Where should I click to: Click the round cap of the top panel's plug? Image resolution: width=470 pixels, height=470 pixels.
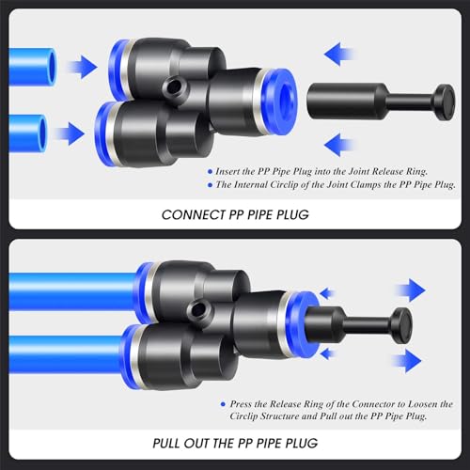(444, 102)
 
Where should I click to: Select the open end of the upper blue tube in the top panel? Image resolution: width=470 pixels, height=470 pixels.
(51, 67)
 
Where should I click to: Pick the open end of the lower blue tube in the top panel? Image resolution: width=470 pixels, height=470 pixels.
(41, 133)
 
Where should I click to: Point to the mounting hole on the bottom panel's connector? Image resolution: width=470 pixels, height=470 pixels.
(197, 310)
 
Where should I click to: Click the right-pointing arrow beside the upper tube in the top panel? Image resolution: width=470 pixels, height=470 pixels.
(82, 67)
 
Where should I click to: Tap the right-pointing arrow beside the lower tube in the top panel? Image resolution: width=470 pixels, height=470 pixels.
(70, 133)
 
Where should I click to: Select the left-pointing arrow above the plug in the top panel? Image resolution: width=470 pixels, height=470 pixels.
(339, 55)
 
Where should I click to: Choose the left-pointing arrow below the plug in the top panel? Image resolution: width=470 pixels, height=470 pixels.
(339, 145)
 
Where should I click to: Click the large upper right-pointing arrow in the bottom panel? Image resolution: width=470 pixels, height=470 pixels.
(411, 290)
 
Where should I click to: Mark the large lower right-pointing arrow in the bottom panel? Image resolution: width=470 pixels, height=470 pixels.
(407, 361)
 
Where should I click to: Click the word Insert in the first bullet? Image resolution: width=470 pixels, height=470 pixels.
(227, 171)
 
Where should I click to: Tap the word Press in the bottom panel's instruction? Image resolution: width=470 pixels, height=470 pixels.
(241, 404)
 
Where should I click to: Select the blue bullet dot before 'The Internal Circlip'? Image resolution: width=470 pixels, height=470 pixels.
(211, 185)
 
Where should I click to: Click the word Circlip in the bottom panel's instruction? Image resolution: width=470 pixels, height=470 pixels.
(243, 416)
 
